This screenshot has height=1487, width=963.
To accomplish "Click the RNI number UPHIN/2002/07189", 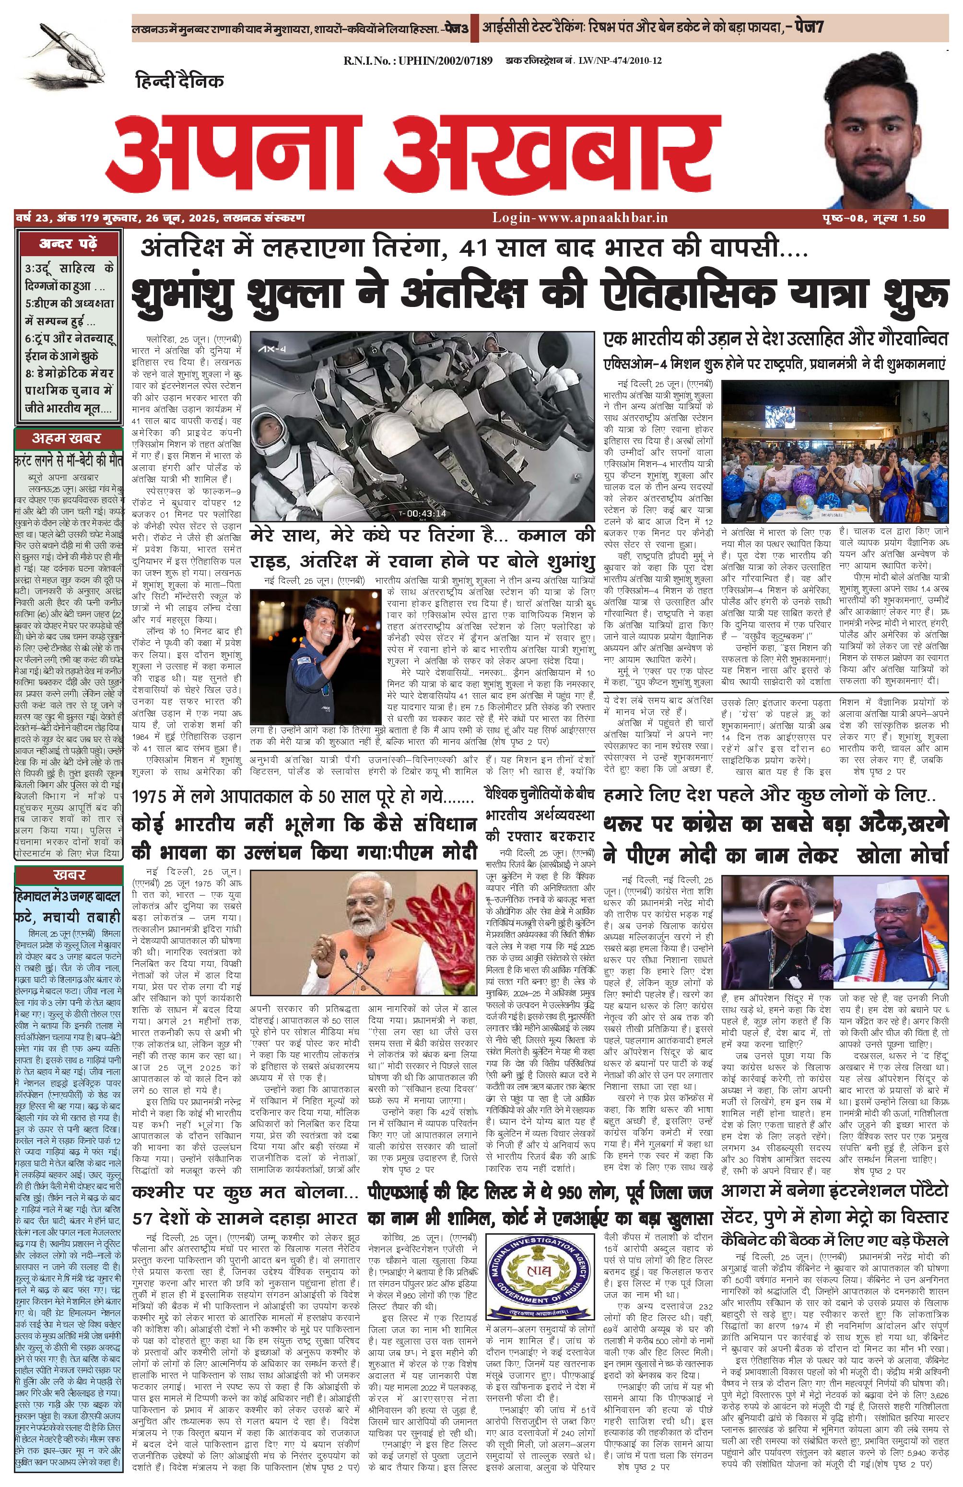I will [x=418, y=60].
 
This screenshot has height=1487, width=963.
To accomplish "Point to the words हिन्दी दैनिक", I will [x=178, y=81].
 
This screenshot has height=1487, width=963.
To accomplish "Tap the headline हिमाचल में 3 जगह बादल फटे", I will [x=68, y=907].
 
